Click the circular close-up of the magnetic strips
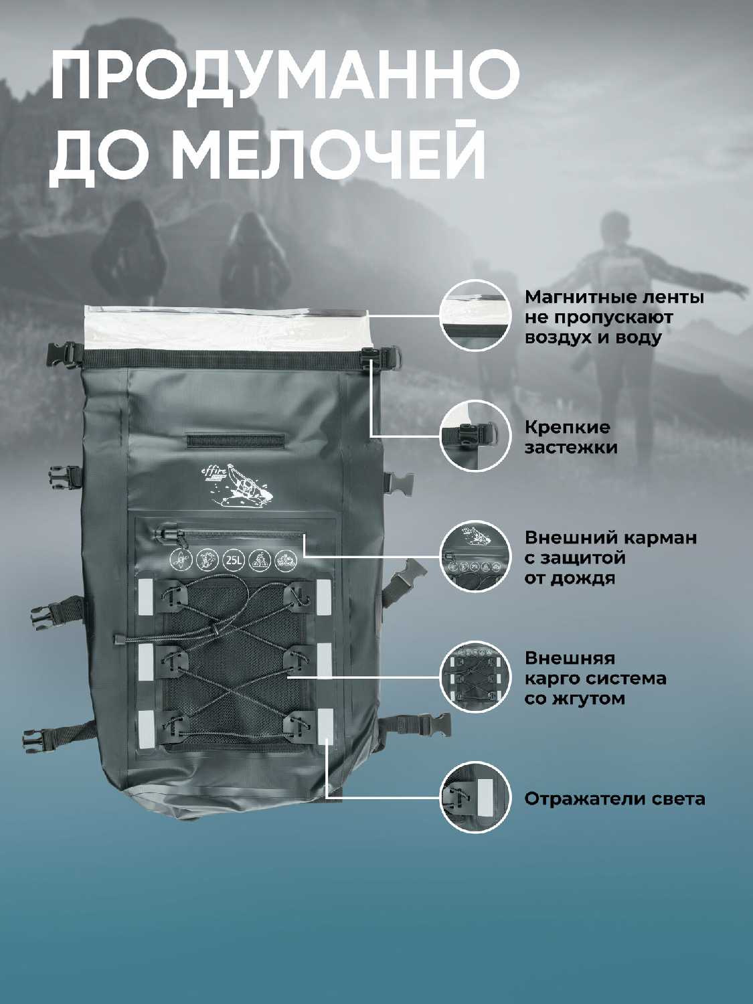click(x=475, y=316)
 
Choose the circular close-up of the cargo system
click(x=475, y=677)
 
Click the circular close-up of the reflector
click(x=475, y=798)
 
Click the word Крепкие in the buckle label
click(x=567, y=428)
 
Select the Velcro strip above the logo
click(x=235, y=440)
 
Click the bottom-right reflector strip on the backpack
click(x=325, y=726)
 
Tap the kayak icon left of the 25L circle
click(x=179, y=560)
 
